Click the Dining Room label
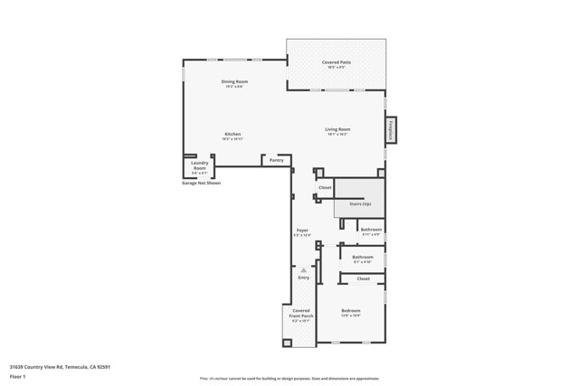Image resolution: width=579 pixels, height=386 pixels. pyautogui.click(x=234, y=81)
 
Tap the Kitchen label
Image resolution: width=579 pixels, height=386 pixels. pyautogui.click(x=233, y=134)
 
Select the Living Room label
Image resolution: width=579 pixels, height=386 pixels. pyautogui.click(x=337, y=129)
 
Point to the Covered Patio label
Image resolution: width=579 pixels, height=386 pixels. pyautogui.click(x=337, y=62)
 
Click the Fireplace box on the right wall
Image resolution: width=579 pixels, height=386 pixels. pyautogui.click(x=391, y=129)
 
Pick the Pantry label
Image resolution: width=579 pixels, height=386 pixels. pyautogui.click(x=276, y=160)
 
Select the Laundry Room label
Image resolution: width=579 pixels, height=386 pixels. pyautogui.click(x=199, y=165)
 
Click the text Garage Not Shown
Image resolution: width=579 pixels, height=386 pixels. pyautogui.click(x=201, y=183)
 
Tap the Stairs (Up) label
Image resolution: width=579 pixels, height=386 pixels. pyautogui.click(x=360, y=204)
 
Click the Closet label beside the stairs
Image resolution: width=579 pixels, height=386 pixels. pyautogui.click(x=325, y=187)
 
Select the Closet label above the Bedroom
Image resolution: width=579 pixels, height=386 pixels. pyautogui.click(x=363, y=278)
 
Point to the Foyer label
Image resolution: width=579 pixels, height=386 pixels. pyautogui.click(x=302, y=231)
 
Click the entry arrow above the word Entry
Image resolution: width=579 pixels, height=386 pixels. pyautogui.click(x=303, y=269)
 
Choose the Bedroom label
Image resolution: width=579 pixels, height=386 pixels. pyautogui.click(x=351, y=310)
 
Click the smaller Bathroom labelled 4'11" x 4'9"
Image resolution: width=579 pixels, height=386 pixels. pyautogui.click(x=371, y=230)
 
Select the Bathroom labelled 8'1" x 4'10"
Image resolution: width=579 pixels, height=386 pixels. pyautogui.click(x=362, y=257)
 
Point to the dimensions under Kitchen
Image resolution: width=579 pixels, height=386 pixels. pyautogui.click(x=233, y=139)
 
